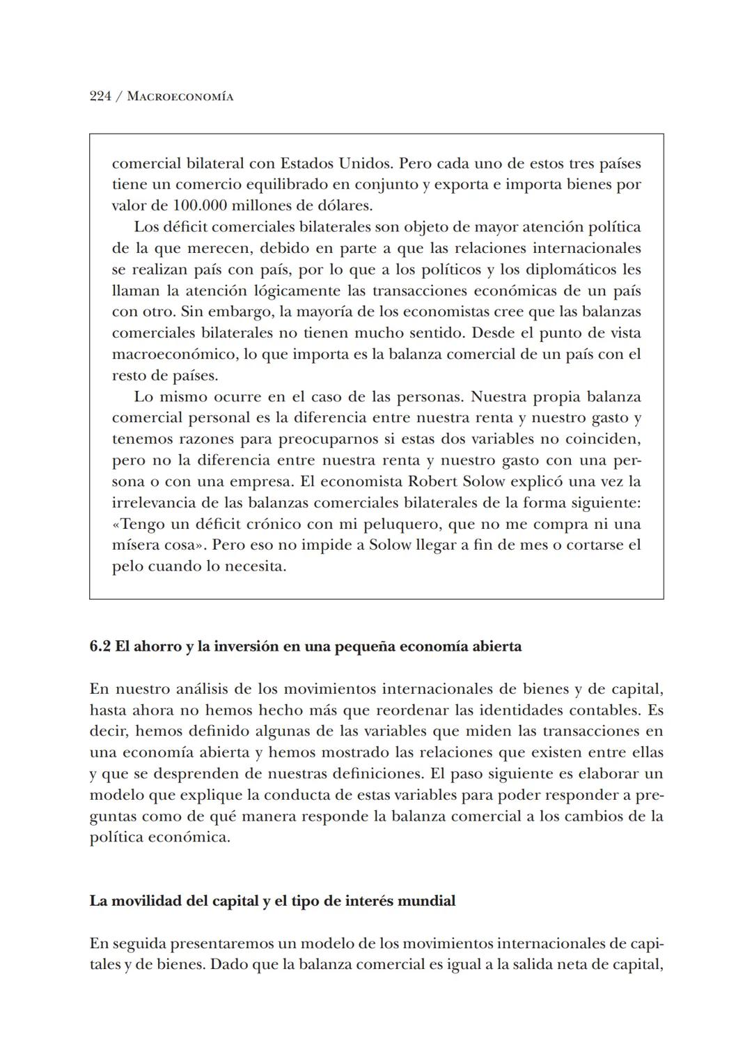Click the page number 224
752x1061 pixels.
click(x=100, y=97)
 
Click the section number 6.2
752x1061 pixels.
click(x=100, y=646)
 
